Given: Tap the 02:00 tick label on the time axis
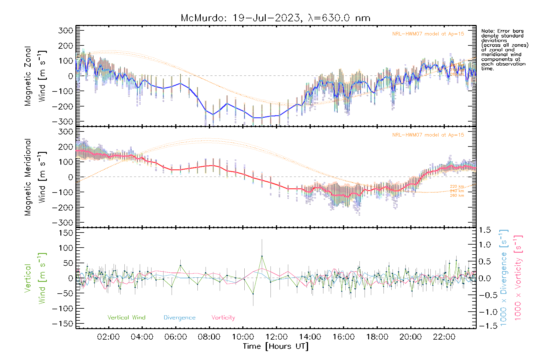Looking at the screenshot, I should [108, 337].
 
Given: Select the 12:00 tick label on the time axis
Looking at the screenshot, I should [277, 337].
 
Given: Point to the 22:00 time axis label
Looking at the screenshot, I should [444, 337].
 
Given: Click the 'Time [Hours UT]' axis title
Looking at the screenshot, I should [276, 346].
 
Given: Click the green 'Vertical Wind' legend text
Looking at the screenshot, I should [126, 318].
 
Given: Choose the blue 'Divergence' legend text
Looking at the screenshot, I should [179, 318].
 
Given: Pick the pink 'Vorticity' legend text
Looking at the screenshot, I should [223, 318].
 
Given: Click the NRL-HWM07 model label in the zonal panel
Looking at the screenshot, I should [428, 34].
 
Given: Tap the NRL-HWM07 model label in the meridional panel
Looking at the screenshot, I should [428, 135].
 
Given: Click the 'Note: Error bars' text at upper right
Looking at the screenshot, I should [502, 31].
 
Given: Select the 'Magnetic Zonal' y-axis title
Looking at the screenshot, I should [28, 76].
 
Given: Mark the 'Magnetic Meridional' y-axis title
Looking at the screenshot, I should [28, 177].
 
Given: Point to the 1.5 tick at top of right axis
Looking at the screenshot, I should [484, 230].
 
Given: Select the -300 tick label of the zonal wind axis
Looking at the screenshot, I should [63, 122].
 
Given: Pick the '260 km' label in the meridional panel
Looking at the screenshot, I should [457, 196].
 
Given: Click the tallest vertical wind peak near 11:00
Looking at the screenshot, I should [262, 256].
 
